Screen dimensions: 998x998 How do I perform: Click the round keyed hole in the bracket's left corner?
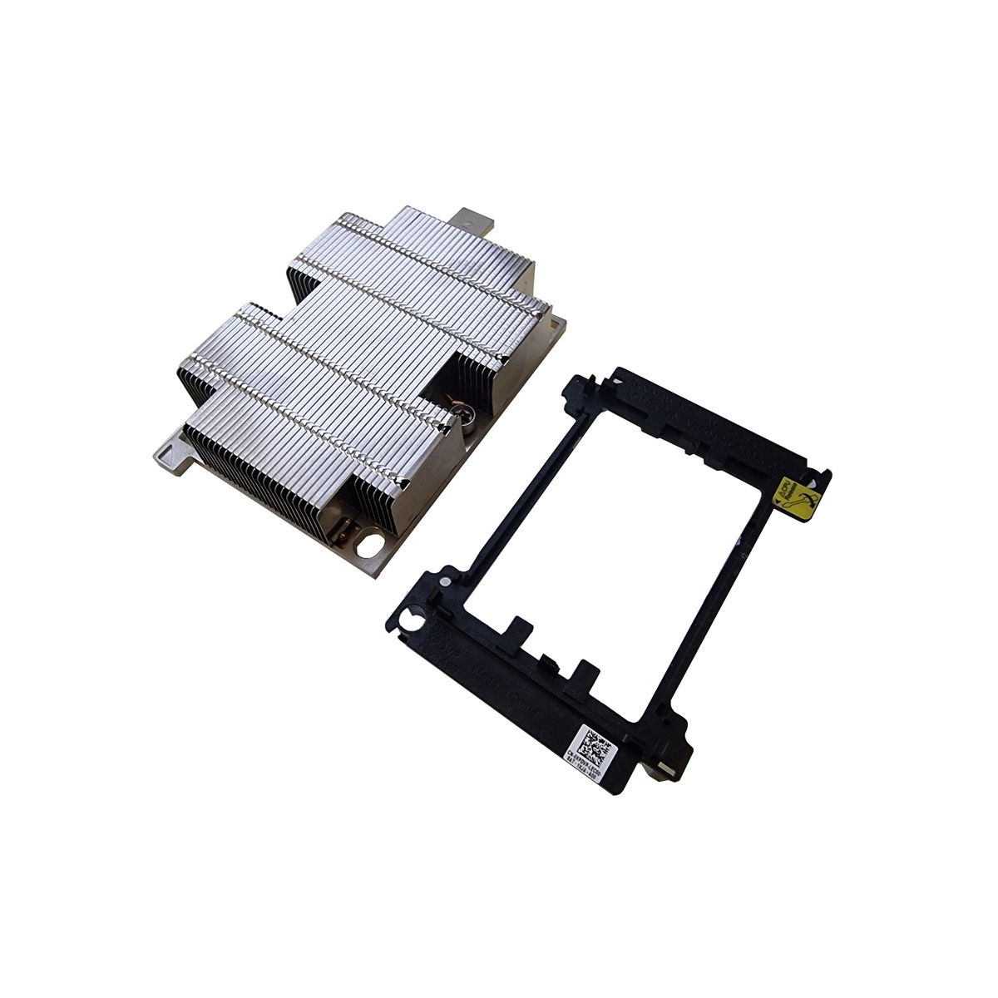[x=408, y=621]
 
